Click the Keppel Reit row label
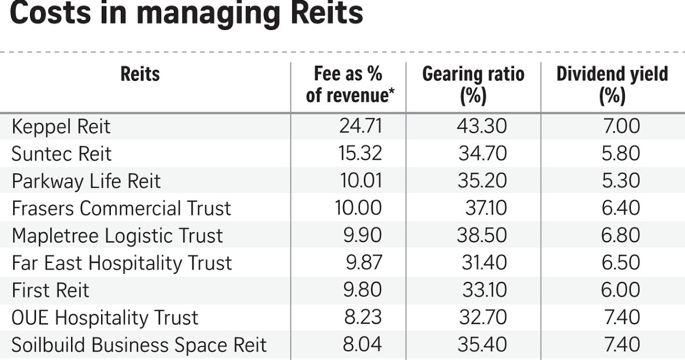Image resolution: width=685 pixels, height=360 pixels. (x=61, y=127)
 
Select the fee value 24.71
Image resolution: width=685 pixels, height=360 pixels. (x=360, y=126)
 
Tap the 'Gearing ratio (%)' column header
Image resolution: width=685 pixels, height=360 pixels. (x=473, y=84)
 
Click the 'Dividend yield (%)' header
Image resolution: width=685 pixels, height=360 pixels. (x=612, y=84)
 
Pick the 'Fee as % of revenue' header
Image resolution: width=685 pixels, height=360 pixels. (x=348, y=84)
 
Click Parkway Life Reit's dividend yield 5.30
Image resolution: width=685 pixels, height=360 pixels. (x=620, y=181)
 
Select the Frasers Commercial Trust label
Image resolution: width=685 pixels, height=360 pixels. (x=121, y=208)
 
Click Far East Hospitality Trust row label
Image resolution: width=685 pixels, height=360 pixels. (x=121, y=263)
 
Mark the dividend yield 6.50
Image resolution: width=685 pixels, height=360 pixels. (x=620, y=262)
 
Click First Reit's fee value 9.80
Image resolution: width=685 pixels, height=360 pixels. (x=362, y=290)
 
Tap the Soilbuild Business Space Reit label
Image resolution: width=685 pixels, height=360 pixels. (x=139, y=345)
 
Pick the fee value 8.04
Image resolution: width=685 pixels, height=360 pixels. (x=362, y=344)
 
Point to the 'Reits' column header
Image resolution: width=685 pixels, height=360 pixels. (x=140, y=75)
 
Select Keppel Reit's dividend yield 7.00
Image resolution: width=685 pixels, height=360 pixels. (x=621, y=126)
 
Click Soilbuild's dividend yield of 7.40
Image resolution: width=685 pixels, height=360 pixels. (x=621, y=344)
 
